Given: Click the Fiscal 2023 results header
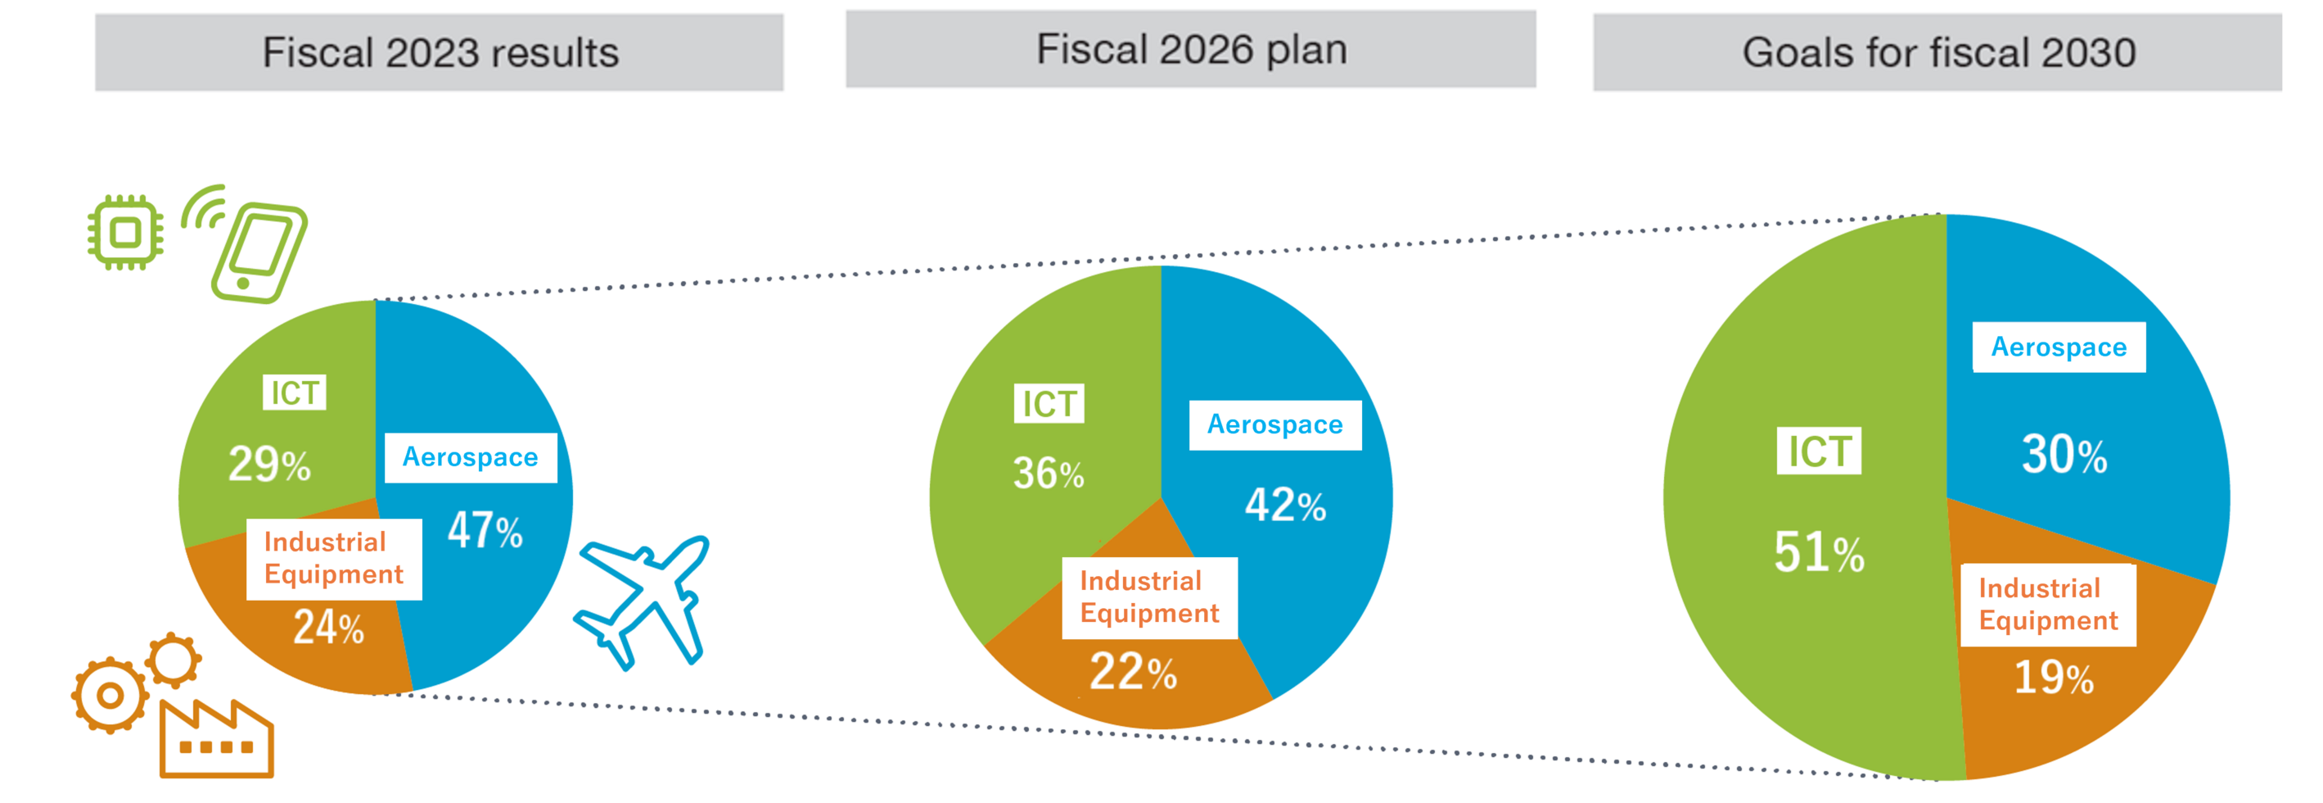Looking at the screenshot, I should tap(440, 52).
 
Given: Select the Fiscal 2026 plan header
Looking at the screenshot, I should tap(1190, 50).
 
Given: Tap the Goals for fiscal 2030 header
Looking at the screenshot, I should tap(1938, 52).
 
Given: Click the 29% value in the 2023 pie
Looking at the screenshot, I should tap(268, 465).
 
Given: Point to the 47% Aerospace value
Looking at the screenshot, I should tap(485, 530).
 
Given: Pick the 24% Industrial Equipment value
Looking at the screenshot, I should tap(328, 627).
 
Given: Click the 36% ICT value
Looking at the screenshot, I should tap(1048, 474).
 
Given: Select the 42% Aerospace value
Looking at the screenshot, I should tap(1285, 506).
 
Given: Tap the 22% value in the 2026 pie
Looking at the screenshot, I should tap(1133, 672).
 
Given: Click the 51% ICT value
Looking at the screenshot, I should tap(1819, 552).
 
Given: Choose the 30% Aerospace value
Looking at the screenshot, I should tap(2064, 455).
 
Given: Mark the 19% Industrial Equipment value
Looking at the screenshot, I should tap(2054, 678).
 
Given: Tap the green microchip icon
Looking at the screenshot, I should tap(125, 233).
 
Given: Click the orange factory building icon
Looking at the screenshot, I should tap(216, 740).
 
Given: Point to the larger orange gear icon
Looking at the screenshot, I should tap(110, 696).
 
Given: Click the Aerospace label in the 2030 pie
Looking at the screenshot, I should tap(2059, 347).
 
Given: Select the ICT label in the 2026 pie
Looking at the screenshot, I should tap(1049, 404).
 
